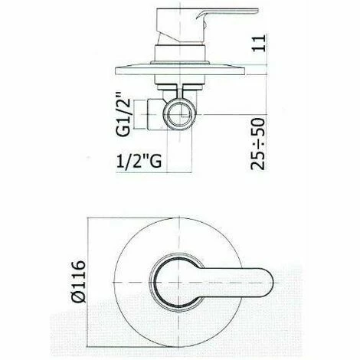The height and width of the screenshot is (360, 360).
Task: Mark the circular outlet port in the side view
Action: coord(182,114)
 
